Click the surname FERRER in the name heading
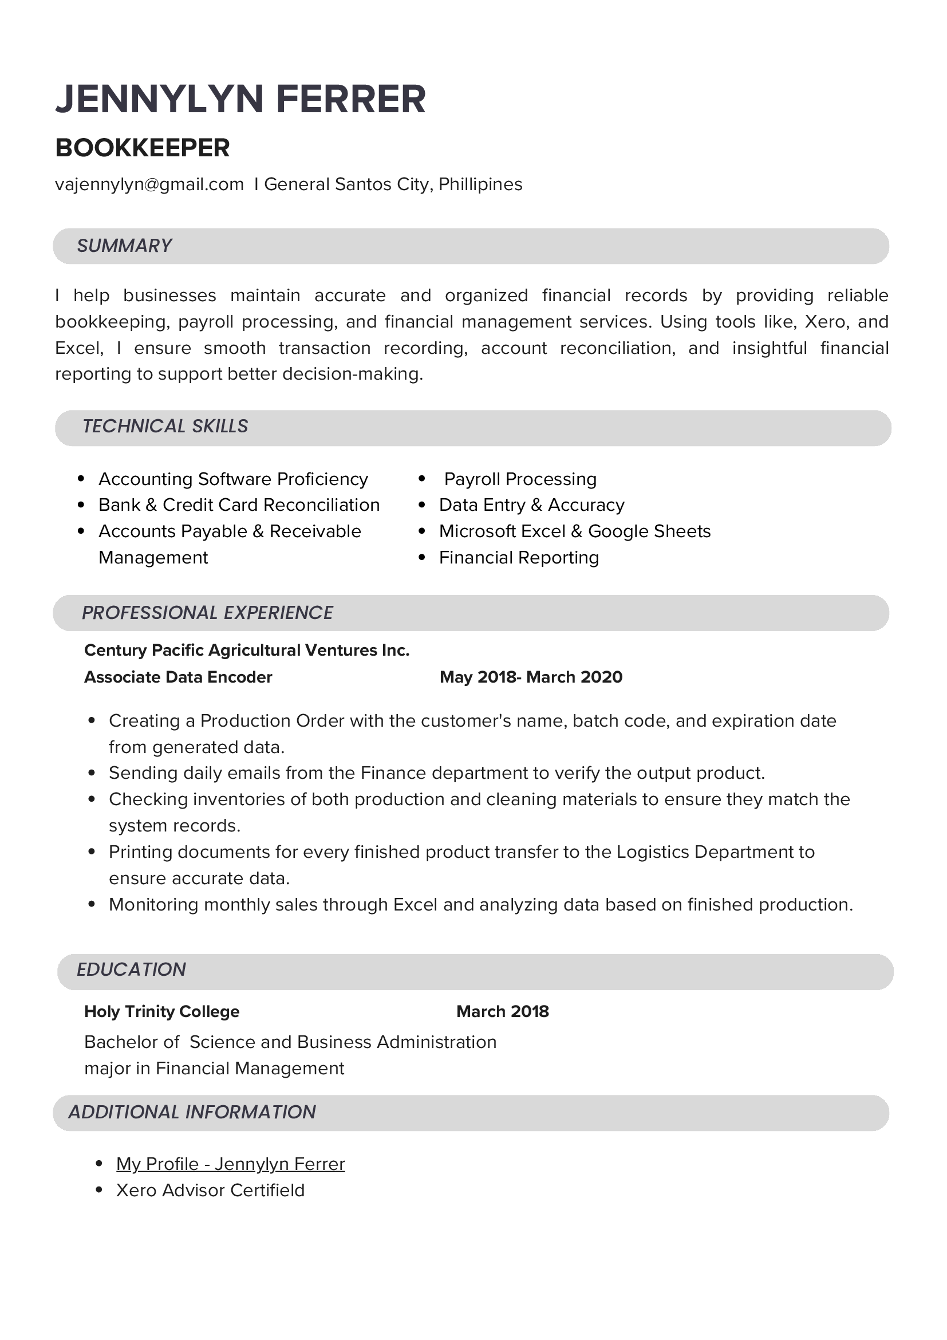point(350,99)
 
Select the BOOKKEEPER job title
point(143,148)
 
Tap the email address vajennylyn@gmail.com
point(149,184)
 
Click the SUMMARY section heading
point(124,246)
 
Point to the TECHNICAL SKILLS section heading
point(165,427)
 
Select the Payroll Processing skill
point(520,479)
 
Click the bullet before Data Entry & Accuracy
point(422,506)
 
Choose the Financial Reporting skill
point(519,558)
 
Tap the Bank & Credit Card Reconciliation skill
point(239,505)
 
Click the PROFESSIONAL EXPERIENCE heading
point(207,613)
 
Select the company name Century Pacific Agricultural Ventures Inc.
point(247,650)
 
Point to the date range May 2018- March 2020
point(531,677)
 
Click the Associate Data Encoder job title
point(178,677)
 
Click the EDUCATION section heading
point(131,969)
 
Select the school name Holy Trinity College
point(161,1011)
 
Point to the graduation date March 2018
point(502,1011)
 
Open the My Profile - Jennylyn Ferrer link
point(231,1164)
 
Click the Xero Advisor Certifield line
point(210,1190)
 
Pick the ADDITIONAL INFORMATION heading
point(192,1112)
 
